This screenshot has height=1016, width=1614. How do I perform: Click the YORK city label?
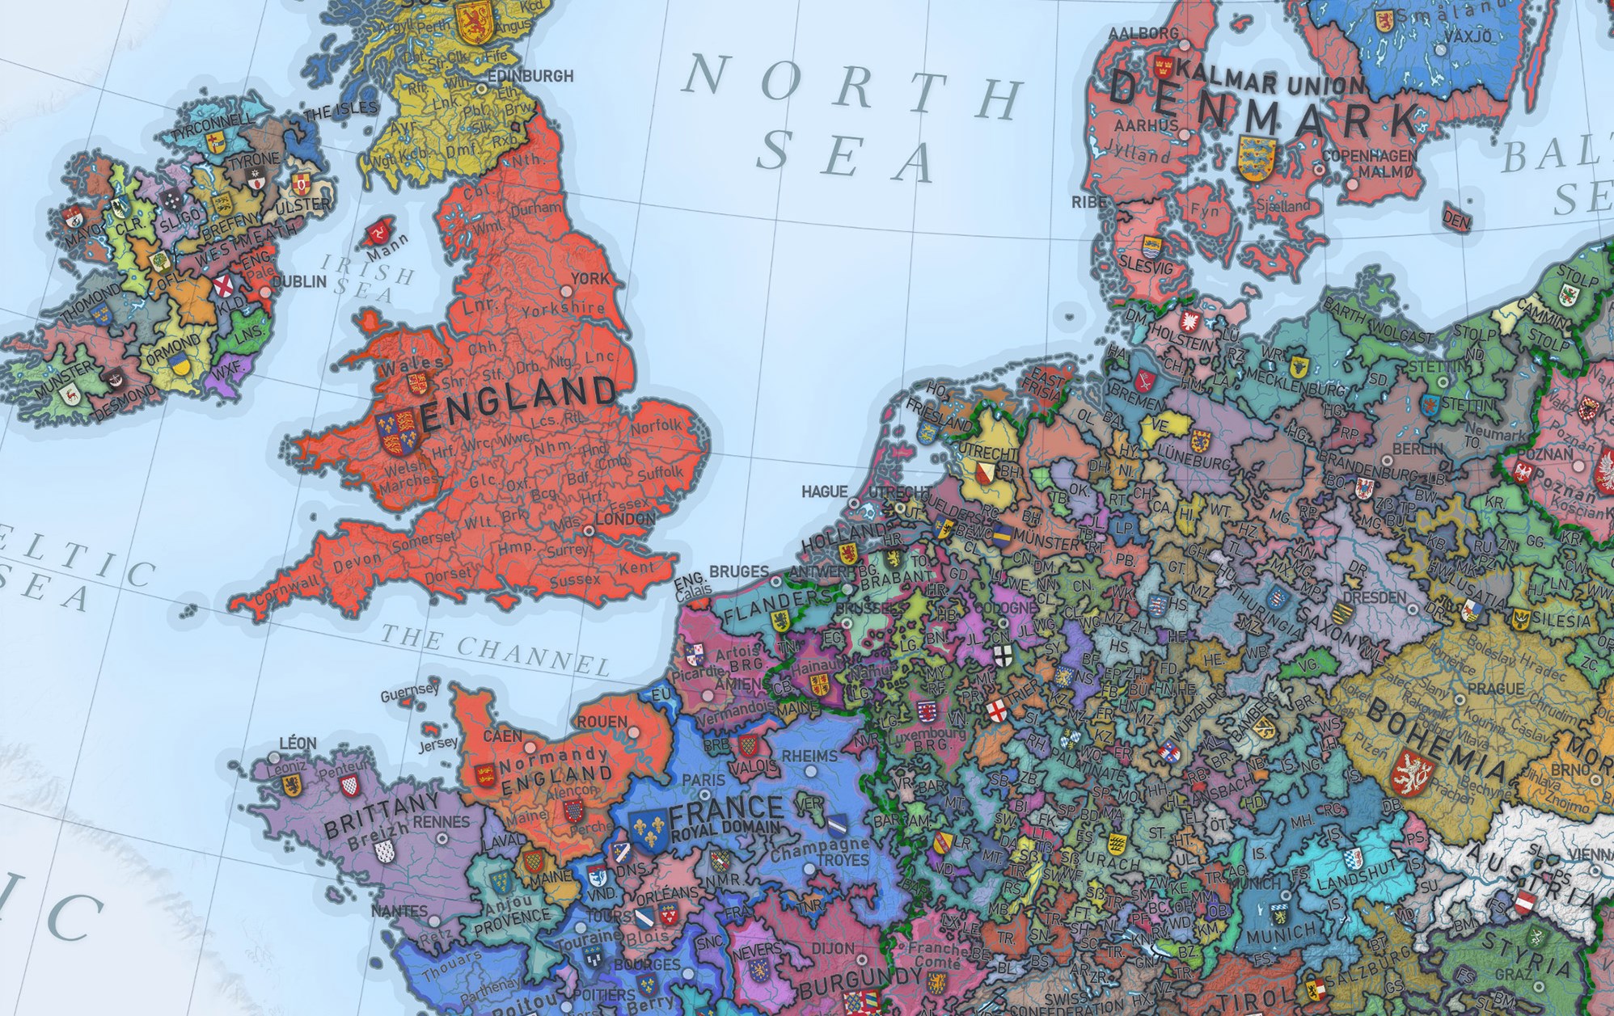click(589, 279)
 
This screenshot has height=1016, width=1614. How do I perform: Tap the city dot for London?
click(589, 531)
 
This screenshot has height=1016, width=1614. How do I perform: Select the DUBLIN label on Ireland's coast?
click(298, 282)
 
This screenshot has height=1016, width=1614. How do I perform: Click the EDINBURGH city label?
click(530, 76)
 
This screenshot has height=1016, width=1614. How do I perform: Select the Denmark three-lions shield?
click(1257, 158)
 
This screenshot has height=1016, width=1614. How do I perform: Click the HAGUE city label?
click(824, 491)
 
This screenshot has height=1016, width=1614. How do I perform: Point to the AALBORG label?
click(1143, 34)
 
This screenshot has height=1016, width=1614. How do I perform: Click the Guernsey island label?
click(410, 692)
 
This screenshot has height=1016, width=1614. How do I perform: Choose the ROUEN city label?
click(602, 721)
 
